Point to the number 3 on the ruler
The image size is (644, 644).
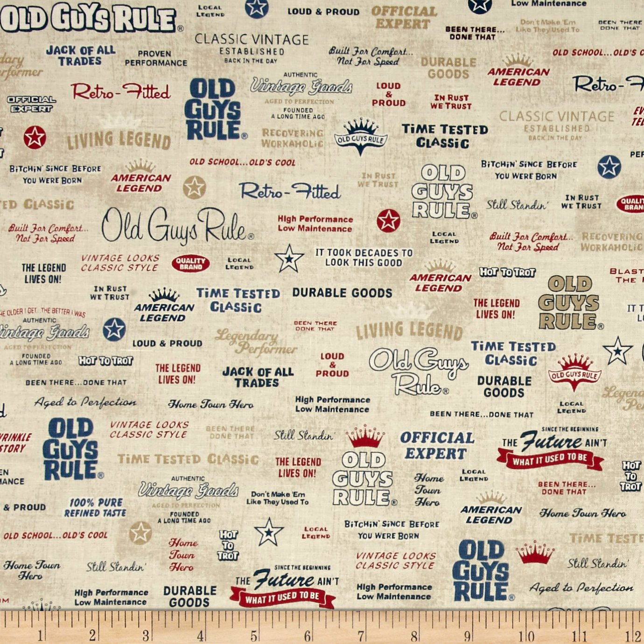coord(146,635)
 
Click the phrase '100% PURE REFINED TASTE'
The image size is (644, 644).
coord(95,508)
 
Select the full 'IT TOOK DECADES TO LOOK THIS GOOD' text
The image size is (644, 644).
coord(364,258)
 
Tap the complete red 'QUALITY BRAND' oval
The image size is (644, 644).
coord(190,264)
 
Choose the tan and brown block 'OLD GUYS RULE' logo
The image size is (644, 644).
coord(570,303)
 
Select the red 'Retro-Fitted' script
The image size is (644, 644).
coord(121,91)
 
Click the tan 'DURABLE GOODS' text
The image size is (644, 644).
coord(448,68)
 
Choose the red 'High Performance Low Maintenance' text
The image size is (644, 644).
coord(315,224)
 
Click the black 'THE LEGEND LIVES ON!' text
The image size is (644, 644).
coord(43,273)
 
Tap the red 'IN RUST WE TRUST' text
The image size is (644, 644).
coord(451,102)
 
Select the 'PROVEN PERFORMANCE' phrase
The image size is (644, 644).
coord(155,58)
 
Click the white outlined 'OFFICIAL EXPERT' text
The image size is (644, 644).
coord(31,104)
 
